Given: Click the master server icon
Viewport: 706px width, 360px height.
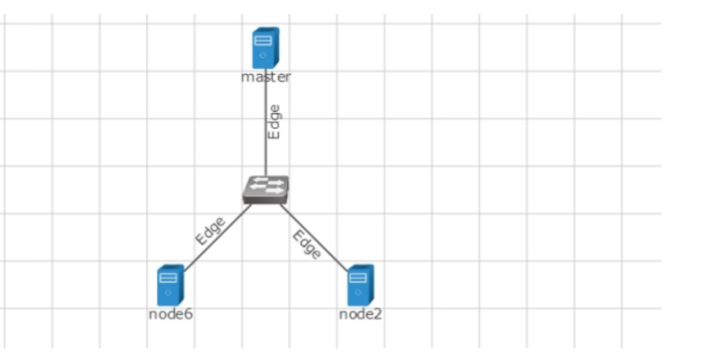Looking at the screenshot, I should tap(265, 47).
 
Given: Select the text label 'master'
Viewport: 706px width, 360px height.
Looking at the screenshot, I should tap(266, 77).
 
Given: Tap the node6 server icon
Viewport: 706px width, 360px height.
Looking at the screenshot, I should tap(170, 285).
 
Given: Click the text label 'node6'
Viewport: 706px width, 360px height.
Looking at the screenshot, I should tap(171, 314).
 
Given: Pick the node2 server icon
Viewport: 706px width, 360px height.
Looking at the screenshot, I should tap(360, 285).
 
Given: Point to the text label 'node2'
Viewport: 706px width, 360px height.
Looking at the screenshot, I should tap(361, 314).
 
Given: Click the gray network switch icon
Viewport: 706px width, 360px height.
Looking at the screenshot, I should tap(266, 189).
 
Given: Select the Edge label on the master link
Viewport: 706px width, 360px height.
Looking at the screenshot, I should tap(274, 122).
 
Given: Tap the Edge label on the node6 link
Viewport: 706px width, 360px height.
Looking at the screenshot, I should tap(211, 231).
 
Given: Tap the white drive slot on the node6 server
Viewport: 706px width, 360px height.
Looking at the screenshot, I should tap(167, 278).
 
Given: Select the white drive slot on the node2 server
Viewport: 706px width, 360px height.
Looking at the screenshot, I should tap(357, 278).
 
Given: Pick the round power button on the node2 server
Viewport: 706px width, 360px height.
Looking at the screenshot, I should tap(357, 292).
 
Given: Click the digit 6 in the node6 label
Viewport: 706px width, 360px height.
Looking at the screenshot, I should tap(189, 314).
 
